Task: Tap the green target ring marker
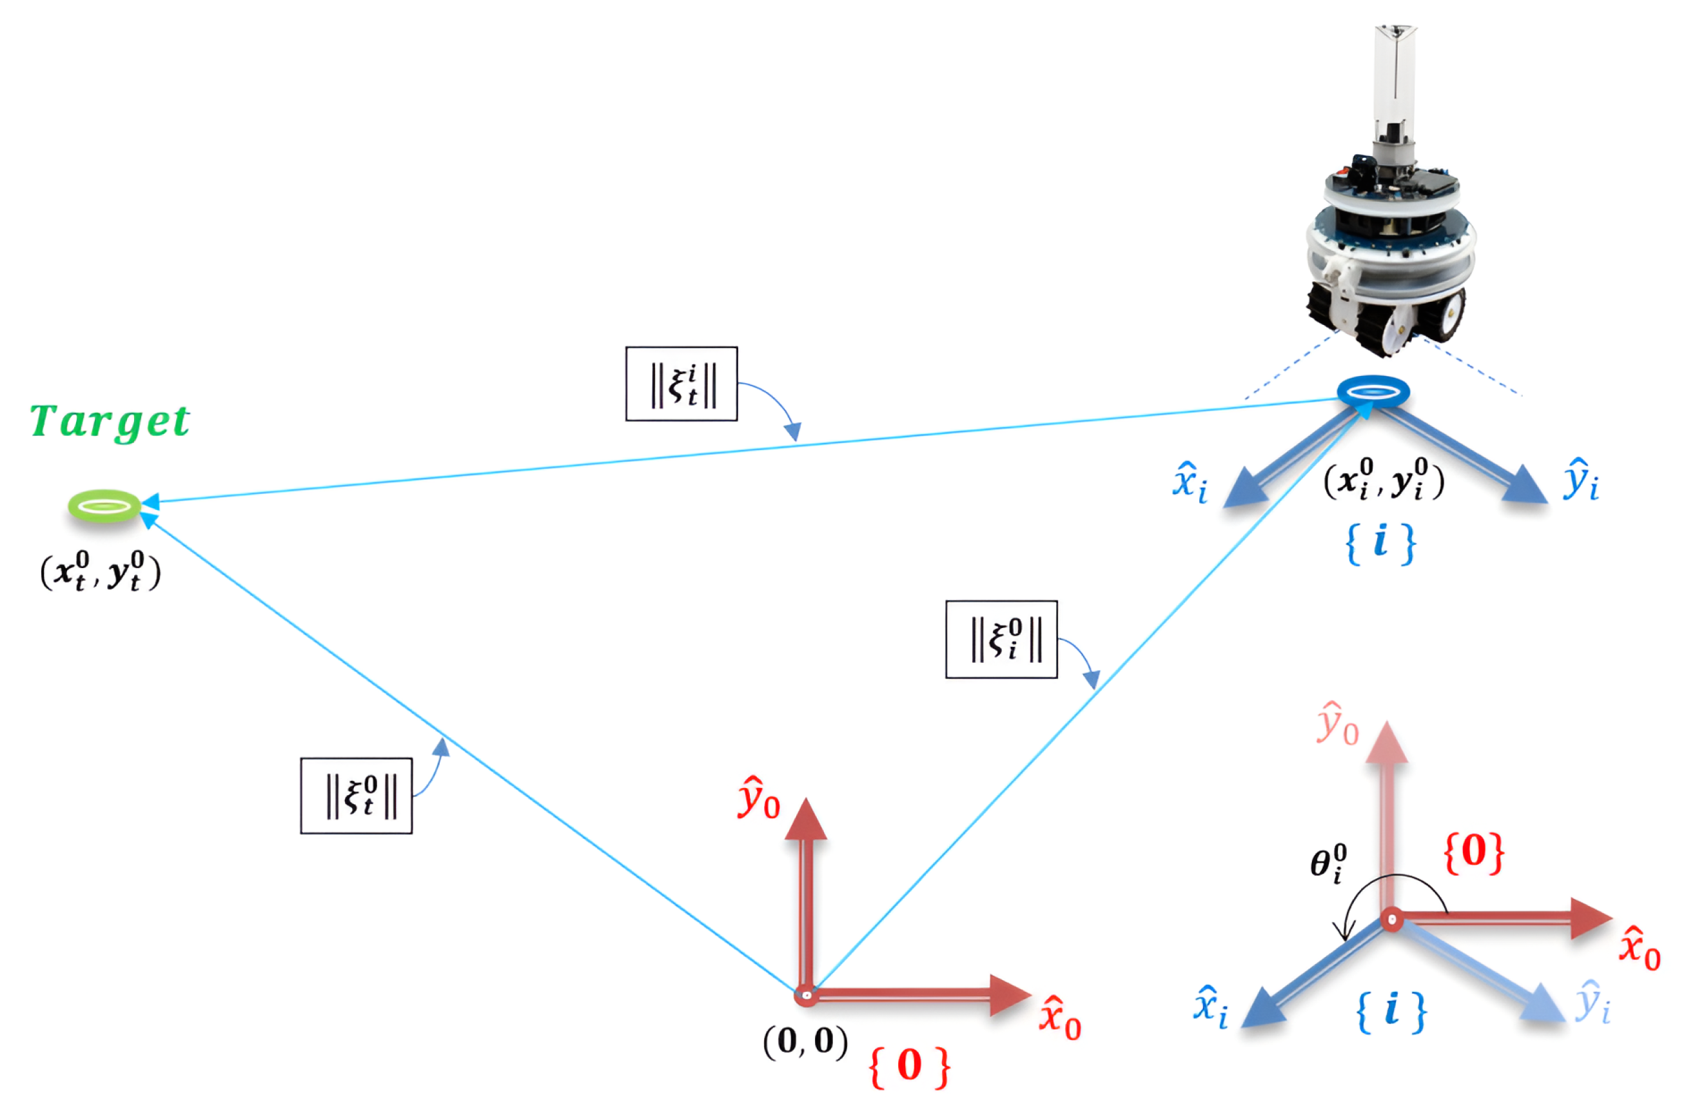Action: coord(104,506)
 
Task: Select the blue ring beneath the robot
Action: coord(1373,391)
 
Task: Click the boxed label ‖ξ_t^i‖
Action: coord(681,384)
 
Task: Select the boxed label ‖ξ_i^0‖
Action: coord(1001,640)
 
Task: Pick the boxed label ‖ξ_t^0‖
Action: coord(356,796)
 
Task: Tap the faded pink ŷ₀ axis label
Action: coord(1338,724)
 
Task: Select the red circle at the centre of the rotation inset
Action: coord(1391,919)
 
